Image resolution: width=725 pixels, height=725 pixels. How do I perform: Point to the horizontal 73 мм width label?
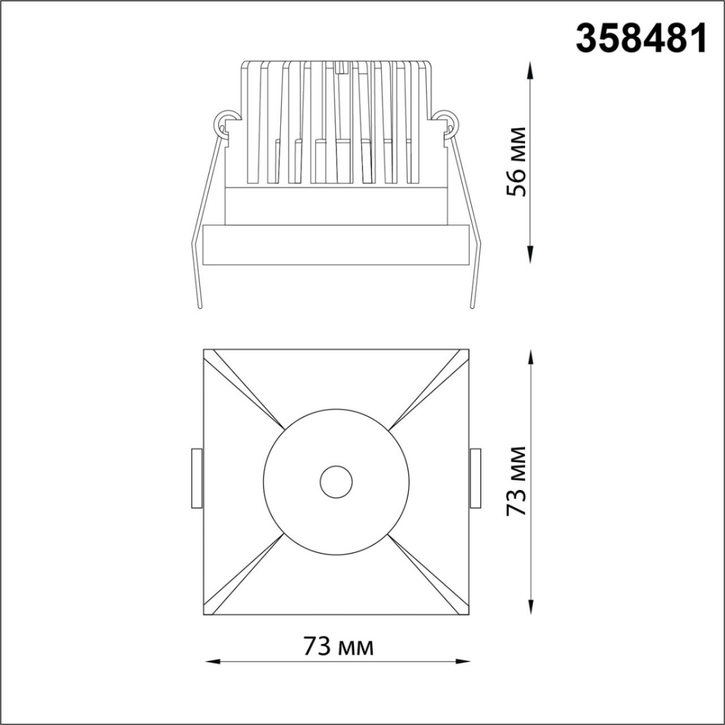338,646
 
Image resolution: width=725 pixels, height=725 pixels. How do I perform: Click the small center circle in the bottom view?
336,482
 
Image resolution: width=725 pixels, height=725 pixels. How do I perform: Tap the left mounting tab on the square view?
196,478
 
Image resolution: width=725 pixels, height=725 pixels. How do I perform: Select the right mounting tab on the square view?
475,478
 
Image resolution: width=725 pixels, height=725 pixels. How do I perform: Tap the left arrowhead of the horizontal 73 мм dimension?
208,661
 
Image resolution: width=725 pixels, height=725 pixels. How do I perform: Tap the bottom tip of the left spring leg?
200,307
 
